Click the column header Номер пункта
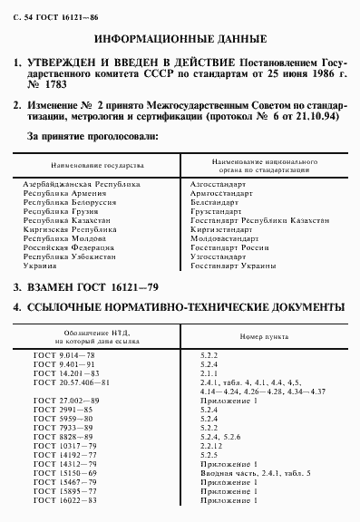(x=261, y=336)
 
